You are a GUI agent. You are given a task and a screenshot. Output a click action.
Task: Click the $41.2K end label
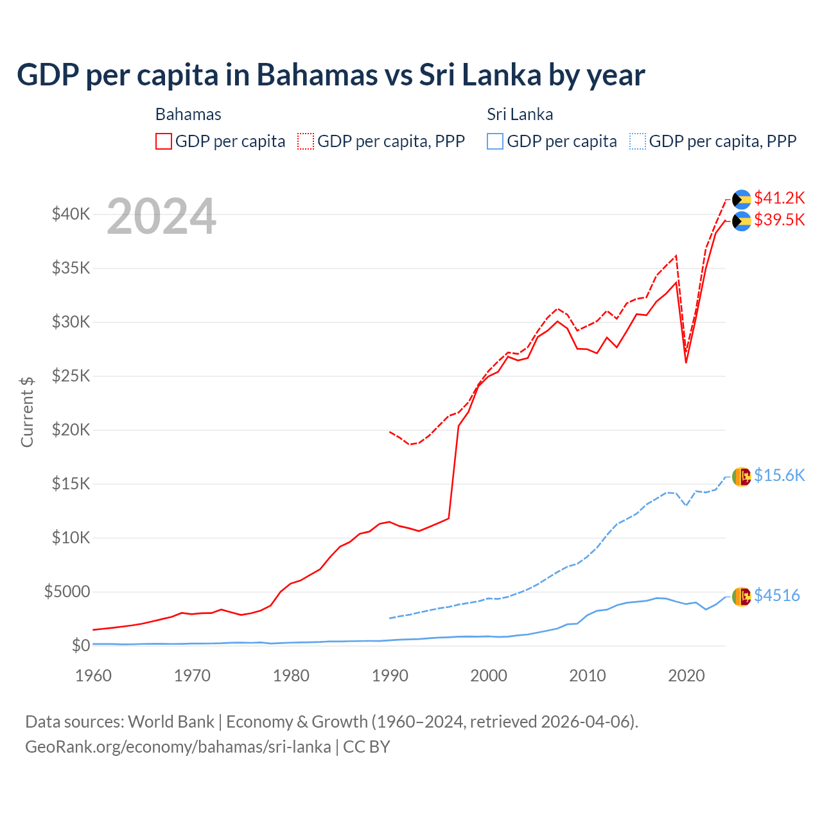tap(779, 197)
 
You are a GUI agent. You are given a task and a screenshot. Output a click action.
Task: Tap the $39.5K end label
tap(779, 220)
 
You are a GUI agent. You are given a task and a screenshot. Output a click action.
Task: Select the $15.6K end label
tap(779, 475)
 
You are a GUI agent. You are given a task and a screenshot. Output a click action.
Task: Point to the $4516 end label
tap(776, 595)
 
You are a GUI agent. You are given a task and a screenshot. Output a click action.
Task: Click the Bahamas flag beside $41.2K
tap(742, 199)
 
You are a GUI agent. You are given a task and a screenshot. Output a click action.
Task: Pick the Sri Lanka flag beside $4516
tap(742, 597)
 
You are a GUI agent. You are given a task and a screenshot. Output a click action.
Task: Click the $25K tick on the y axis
tap(71, 376)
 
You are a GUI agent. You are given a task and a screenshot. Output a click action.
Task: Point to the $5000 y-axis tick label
tap(67, 591)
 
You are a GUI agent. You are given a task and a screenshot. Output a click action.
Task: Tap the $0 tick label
tap(80, 645)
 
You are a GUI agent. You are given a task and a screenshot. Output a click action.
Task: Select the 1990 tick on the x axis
tap(390, 676)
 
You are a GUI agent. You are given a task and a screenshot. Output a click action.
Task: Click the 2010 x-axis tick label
tap(588, 676)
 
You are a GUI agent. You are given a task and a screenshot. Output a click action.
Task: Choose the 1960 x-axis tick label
tap(94, 676)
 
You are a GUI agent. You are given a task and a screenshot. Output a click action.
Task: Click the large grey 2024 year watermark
tap(161, 216)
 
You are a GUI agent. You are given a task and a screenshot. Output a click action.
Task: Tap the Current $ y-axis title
tap(27, 412)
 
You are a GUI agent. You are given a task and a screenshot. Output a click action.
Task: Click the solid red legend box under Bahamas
tap(164, 141)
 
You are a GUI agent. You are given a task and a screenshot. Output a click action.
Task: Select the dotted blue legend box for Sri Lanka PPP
tap(638, 141)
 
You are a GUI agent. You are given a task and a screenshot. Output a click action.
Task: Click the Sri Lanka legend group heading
tap(520, 114)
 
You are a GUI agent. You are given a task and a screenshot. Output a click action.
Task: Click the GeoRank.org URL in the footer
tap(178, 747)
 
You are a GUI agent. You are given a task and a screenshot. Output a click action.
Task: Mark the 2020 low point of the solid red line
tap(686, 363)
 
